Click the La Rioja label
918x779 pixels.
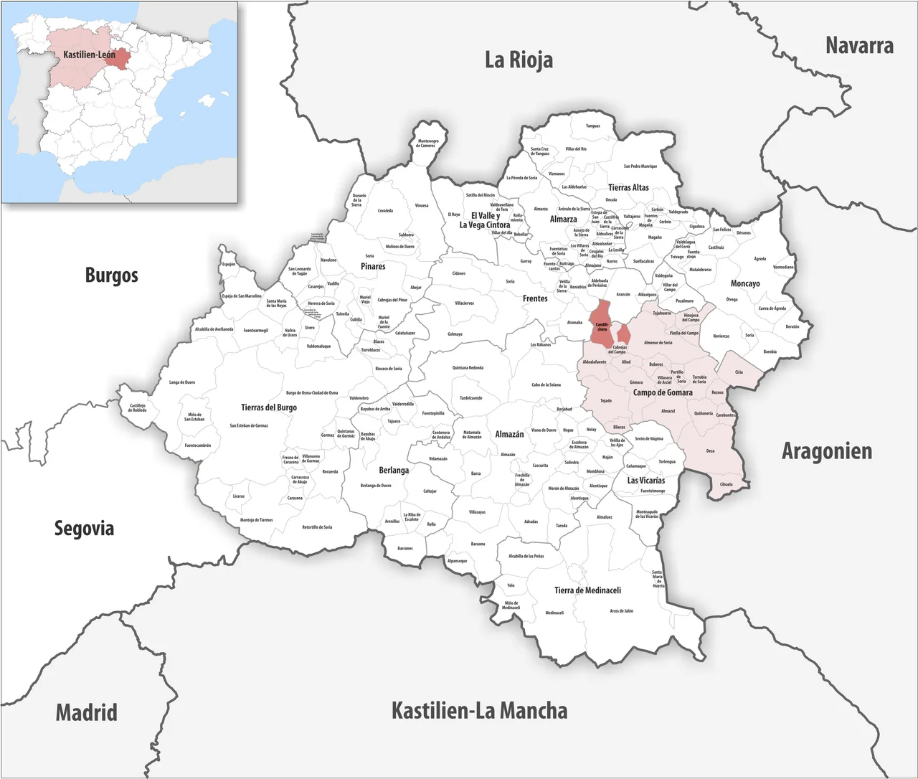tap(519, 60)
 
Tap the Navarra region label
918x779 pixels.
tap(859, 46)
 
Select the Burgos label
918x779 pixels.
tap(111, 275)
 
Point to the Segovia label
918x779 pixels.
tap(84, 529)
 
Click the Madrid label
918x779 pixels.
tap(86, 712)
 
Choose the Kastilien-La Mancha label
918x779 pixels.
tap(479, 711)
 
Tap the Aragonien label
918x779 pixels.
tap(826, 451)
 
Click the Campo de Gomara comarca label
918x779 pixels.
tap(663, 392)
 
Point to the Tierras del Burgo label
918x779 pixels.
tap(269, 407)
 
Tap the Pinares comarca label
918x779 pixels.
tap(373, 266)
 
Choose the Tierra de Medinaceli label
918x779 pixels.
tap(587, 590)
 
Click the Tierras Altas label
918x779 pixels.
tap(628, 187)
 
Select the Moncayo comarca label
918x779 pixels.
tap(745, 283)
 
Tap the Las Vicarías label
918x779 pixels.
tap(645, 480)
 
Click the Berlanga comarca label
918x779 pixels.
tap(394, 471)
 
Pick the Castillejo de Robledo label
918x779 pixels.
tap(138, 407)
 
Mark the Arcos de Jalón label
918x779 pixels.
tap(621, 611)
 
